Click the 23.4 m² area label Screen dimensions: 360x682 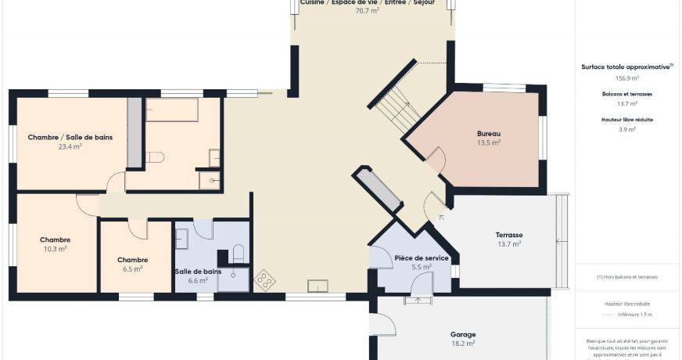(70, 146)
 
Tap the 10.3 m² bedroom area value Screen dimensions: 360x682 (55, 249)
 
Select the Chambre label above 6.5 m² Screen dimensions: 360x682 (132, 260)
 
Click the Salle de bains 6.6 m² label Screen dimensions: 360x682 (197, 272)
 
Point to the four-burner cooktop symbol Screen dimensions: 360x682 (265, 279)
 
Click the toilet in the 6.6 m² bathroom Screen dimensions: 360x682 (238, 253)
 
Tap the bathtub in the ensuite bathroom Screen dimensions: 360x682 (172, 110)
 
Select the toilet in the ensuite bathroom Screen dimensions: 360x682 (154, 157)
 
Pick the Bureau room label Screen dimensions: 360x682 (488, 134)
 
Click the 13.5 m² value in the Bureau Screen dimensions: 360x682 (488, 143)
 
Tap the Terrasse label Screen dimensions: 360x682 (508, 235)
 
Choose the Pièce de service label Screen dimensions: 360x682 (421, 257)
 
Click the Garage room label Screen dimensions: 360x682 (463, 334)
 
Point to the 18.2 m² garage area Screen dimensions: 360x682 (463, 343)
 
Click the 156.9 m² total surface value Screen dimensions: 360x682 (627, 78)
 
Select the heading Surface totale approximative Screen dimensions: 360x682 (626, 67)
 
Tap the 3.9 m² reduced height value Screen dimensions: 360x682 (627, 129)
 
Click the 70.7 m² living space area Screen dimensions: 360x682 (367, 11)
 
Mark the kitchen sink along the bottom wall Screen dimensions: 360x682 (318, 286)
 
